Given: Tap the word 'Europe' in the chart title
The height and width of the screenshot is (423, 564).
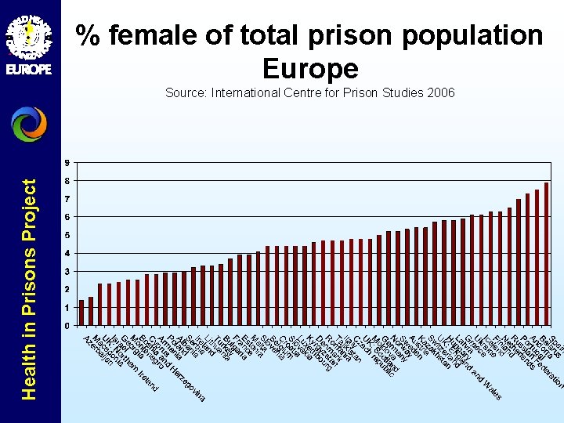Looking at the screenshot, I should click(x=310, y=69).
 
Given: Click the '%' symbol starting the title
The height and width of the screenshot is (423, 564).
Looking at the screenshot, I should click(x=88, y=35).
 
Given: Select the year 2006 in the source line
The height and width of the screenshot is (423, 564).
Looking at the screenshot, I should click(x=439, y=93).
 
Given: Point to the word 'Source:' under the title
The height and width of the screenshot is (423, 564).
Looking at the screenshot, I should click(x=186, y=93).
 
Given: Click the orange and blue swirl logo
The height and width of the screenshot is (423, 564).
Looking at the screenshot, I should click(x=29, y=125).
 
